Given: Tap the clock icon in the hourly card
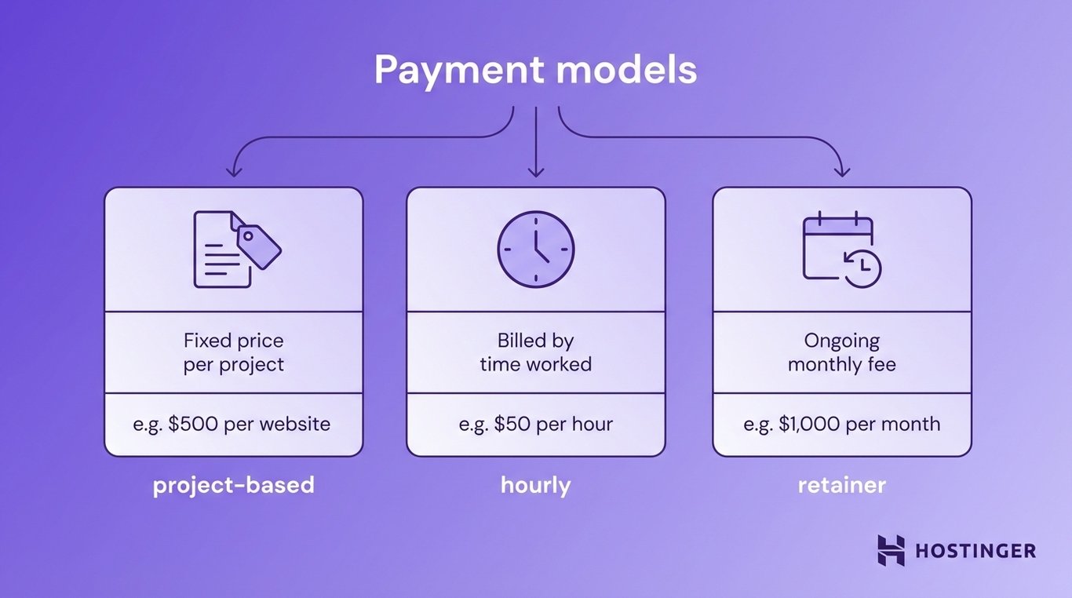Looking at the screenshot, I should (536, 248).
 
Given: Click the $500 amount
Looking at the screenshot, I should (194, 425).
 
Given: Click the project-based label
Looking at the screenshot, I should (234, 485).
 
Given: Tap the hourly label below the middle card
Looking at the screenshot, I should (536, 485).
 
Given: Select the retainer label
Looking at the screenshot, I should (841, 485).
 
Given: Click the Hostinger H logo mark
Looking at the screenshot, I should (891, 550).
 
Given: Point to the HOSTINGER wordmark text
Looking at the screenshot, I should (975, 551).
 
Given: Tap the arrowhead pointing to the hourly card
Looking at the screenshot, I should (536, 171).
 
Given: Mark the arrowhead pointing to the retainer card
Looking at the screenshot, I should (842, 171).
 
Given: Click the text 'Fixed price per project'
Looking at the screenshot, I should (234, 352).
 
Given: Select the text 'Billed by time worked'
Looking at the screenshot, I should (536, 352).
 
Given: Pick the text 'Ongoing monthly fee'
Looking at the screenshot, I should (841, 352).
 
